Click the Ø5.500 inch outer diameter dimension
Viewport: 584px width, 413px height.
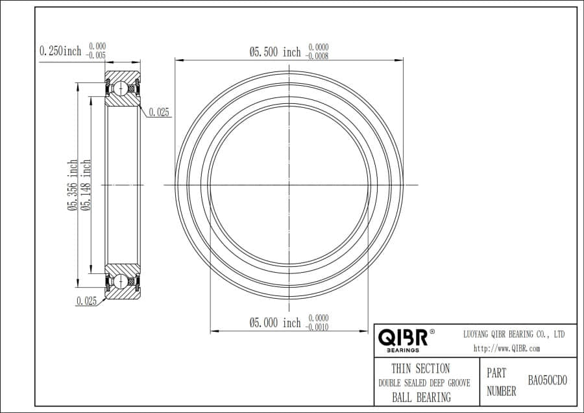275,51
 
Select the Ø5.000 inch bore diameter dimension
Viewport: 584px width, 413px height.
275,323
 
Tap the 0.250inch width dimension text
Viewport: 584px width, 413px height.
60,51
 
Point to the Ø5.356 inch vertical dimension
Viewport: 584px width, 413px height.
73,186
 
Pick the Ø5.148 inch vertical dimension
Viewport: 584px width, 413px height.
86,186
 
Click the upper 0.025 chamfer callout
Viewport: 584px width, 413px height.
159,112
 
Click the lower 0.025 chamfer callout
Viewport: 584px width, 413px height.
86,301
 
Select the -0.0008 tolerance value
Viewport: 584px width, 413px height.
317,56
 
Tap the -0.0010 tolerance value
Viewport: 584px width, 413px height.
317,327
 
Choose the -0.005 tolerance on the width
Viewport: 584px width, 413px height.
96,55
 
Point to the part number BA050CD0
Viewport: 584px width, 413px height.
547,381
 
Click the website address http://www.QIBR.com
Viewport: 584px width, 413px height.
507,348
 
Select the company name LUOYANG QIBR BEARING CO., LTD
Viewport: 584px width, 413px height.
514,334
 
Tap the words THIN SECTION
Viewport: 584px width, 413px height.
420,368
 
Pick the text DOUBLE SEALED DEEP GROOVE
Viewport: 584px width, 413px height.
424,383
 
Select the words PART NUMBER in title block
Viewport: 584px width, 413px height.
501,382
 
